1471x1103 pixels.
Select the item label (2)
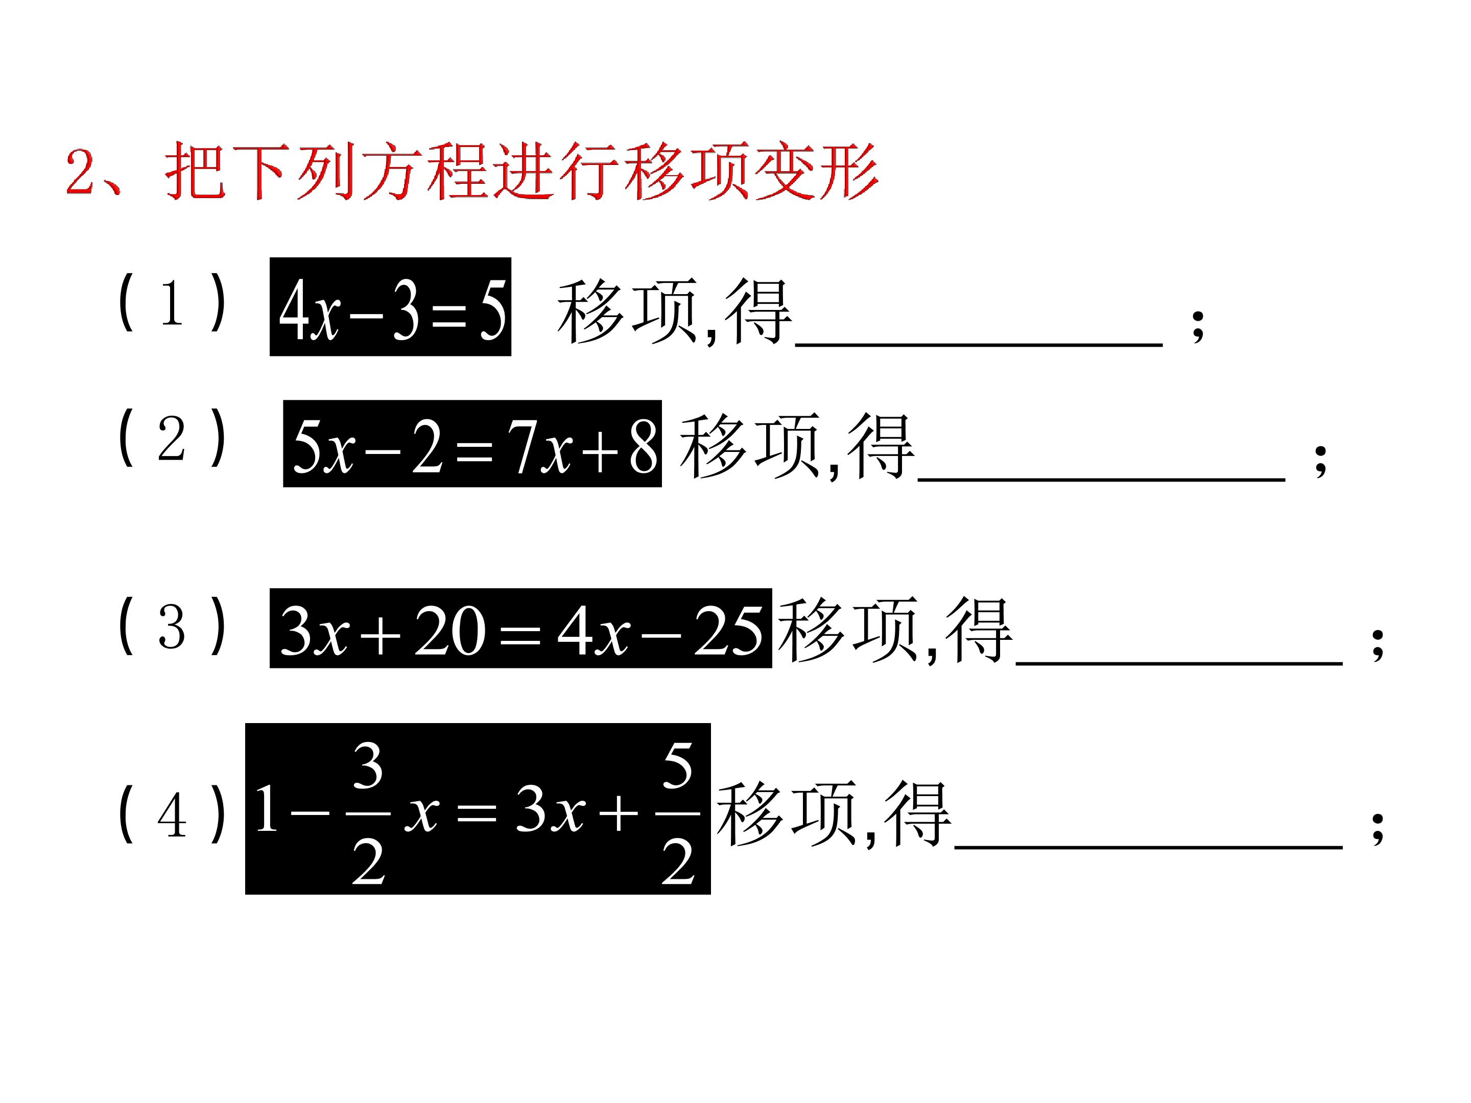pyautogui.click(x=172, y=438)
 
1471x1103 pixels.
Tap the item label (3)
pyautogui.click(x=172, y=626)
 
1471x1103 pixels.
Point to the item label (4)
pyautogui.click(x=172, y=814)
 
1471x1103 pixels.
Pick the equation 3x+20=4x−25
pyautogui.click(x=520, y=628)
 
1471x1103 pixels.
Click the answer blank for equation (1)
pyautogui.click(x=979, y=344)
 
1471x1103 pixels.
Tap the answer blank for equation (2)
pyautogui.click(x=1101, y=478)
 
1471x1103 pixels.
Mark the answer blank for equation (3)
pyautogui.click(x=1179, y=662)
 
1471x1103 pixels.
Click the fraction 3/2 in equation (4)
pyautogui.click(x=368, y=812)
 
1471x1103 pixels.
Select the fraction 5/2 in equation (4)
pyautogui.click(x=678, y=812)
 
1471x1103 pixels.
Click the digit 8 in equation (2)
pyautogui.click(x=643, y=445)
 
